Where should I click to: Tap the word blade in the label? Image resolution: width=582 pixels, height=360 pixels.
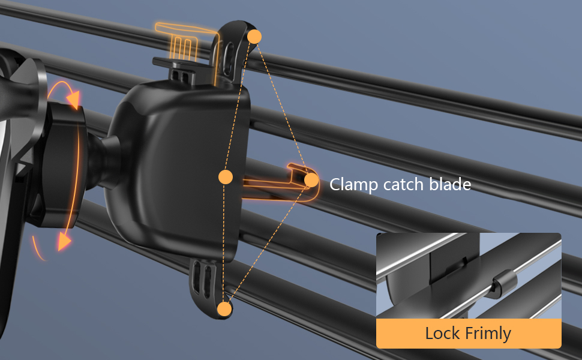point(449,184)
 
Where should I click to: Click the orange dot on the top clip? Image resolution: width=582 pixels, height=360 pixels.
point(254,36)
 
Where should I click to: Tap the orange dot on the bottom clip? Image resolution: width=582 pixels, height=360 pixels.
point(224,310)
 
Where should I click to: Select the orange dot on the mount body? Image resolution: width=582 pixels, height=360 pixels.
point(225,177)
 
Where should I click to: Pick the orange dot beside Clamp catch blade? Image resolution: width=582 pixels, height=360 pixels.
point(311,179)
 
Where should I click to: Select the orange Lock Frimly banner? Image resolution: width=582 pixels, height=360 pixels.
point(469,333)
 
